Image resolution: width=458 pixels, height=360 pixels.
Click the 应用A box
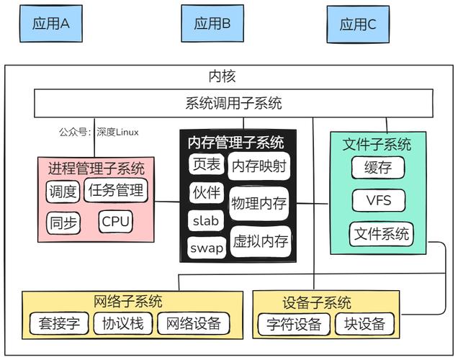(x=51, y=23)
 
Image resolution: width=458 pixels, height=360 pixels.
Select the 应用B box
(x=212, y=23)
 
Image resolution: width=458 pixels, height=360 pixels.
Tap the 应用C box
(x=358, y=24)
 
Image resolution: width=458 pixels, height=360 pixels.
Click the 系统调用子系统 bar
(x=234, y=103)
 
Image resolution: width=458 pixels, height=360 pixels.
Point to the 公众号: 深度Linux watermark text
(x=99, y=132)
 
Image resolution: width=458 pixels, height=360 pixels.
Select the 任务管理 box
(x=115, y=191)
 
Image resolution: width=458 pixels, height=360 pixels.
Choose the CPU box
(x=116, y=222)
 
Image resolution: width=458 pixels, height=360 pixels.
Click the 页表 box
(x=206, y=165)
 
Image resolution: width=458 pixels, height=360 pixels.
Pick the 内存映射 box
(x=259, y=167)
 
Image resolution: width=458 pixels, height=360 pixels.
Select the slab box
(x=206, y=221)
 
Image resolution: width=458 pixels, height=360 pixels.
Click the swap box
(x=207, y=248)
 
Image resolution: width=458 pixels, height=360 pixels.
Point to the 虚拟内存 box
(x=260, y=240)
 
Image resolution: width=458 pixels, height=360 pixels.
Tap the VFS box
(x=378, y=200)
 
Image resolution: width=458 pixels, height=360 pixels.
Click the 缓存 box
(x=377, y=168)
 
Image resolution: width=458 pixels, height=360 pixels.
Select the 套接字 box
(x=59, y=324)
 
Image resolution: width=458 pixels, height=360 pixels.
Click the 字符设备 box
(x=294, y=325)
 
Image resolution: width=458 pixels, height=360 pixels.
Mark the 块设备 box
(x=365, y=325)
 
